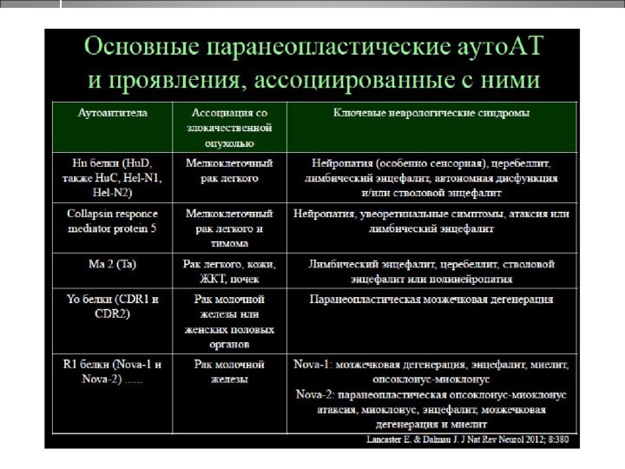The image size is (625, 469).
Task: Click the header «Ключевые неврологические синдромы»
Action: click(431, 113)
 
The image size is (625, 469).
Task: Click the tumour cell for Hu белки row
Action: click(229, 170)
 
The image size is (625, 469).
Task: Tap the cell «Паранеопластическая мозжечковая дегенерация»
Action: click(431, 299)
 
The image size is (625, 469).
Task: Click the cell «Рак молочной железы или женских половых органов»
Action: click(229, 321)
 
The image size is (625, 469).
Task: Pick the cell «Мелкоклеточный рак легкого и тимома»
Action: click(229, 228)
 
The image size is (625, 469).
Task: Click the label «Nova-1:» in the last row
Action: click(314, 364)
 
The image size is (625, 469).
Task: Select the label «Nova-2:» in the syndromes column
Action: click(314, 394)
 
